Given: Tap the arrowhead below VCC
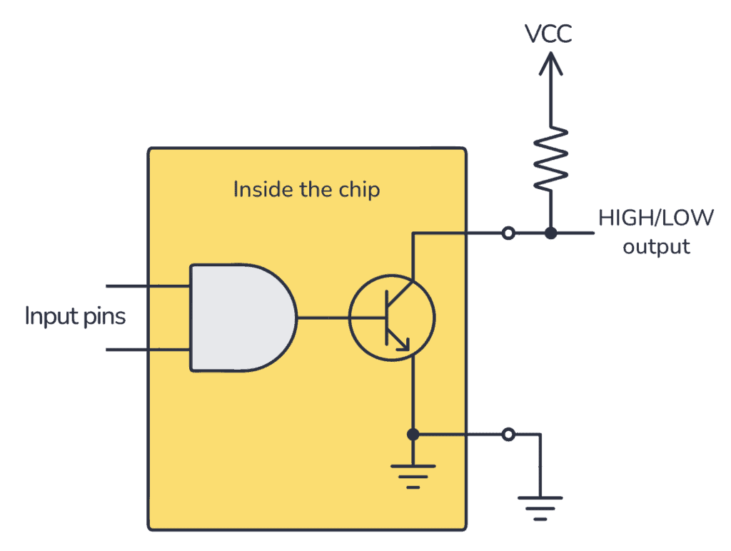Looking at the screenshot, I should pyautogui.click(x=550, y=65).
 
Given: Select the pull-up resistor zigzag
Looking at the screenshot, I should pyautogui.click(x=550, y=159).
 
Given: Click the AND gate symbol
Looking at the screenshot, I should pyautogui.click(x=240, y=318).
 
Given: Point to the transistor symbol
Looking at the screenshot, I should pyautogui.click(x=392, y=317).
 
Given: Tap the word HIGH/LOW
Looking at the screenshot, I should pyautogui.click(x=655, y=218).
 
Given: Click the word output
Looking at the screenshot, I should pyautogui.click(x=656, y=248).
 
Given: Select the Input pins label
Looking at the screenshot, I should pyautogui.click(x=75, y=316).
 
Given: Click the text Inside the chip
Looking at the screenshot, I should pyautogui.click(x=306, y=190).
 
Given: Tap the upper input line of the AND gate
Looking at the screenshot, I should pyautogui.click(x=146, y=286).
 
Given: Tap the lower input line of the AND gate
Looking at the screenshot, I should pyautogui.click(x=146, y=350).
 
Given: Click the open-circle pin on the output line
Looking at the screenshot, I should pyautogui.click(x=508, y=233).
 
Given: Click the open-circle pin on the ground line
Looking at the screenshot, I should pyautogui.click(x=508, y=434).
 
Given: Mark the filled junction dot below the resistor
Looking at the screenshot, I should pyautogui.click(x=550, y=233).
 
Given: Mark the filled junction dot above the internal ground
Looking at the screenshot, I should pyautogui.click(x=412, y=434).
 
